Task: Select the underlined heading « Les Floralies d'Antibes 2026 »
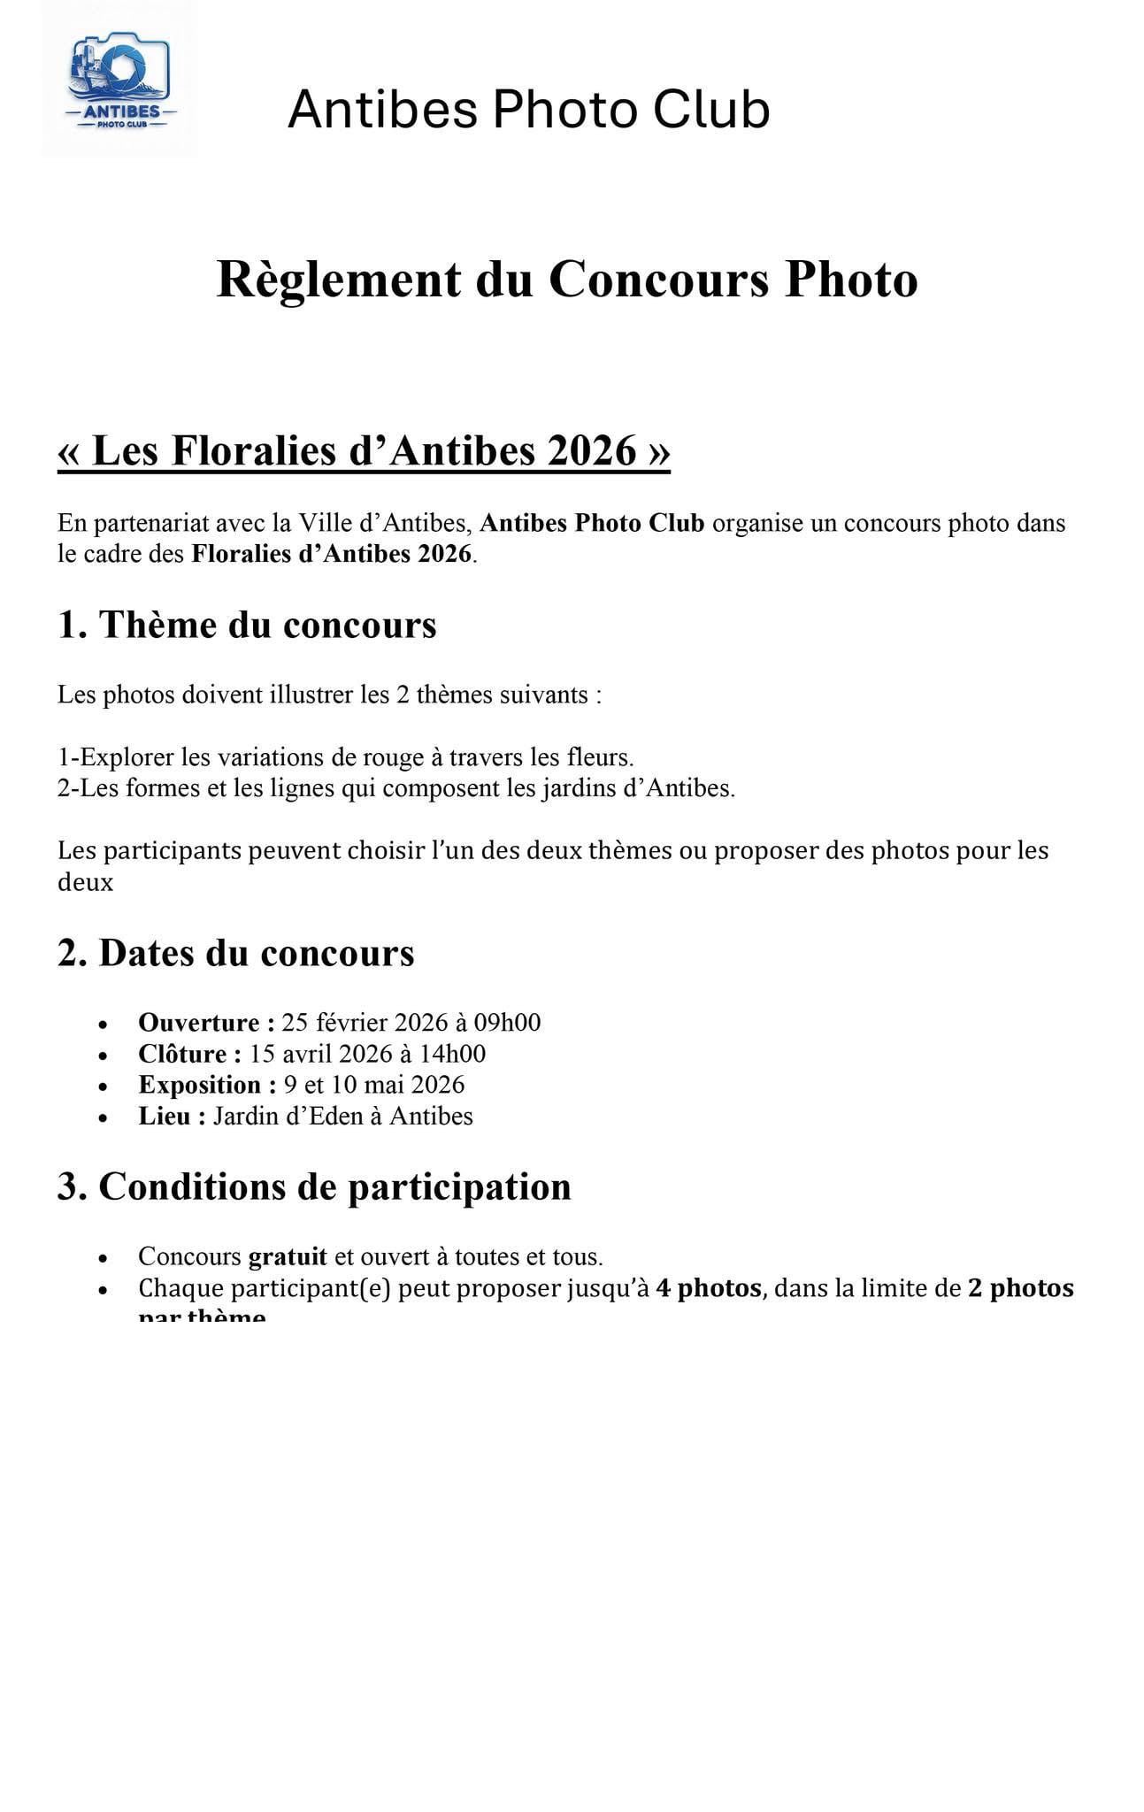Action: tap(364, 450)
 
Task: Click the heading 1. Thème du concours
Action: tap(247, 625)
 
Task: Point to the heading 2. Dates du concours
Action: tap(236, 953)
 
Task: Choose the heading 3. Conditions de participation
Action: tap(314, 1186)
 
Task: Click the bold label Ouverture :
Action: tap(205, 1023)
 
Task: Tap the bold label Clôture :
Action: tap(189, 1054)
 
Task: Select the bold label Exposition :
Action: tap(207, 1085)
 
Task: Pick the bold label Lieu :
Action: tap(172, 1116)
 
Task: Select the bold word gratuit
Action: tap(288, 1256)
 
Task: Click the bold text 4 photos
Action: tap(708, 1287)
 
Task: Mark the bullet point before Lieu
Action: tap(104, 1117)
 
